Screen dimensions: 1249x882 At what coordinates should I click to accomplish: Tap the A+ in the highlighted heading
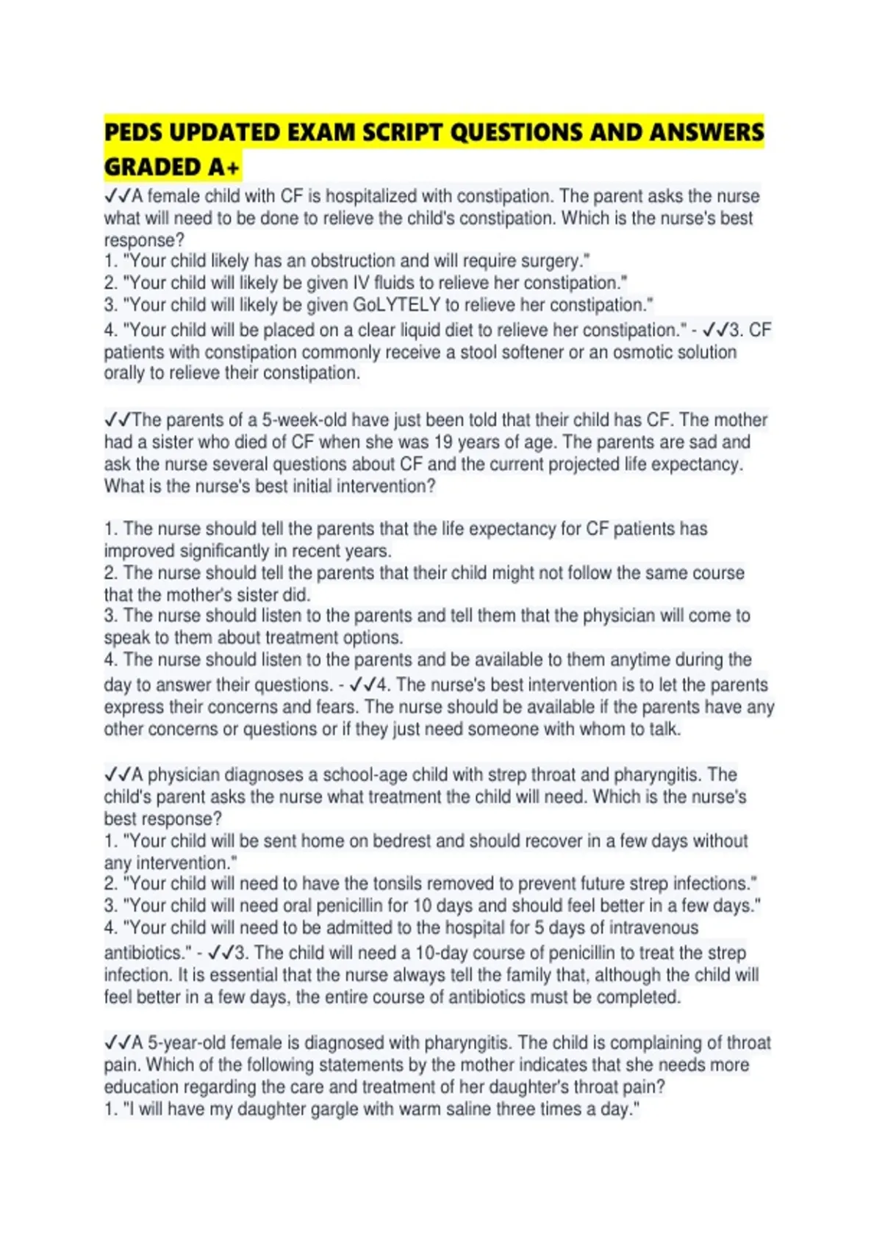click(223, 168)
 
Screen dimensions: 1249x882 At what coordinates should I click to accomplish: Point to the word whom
click(602, 730)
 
